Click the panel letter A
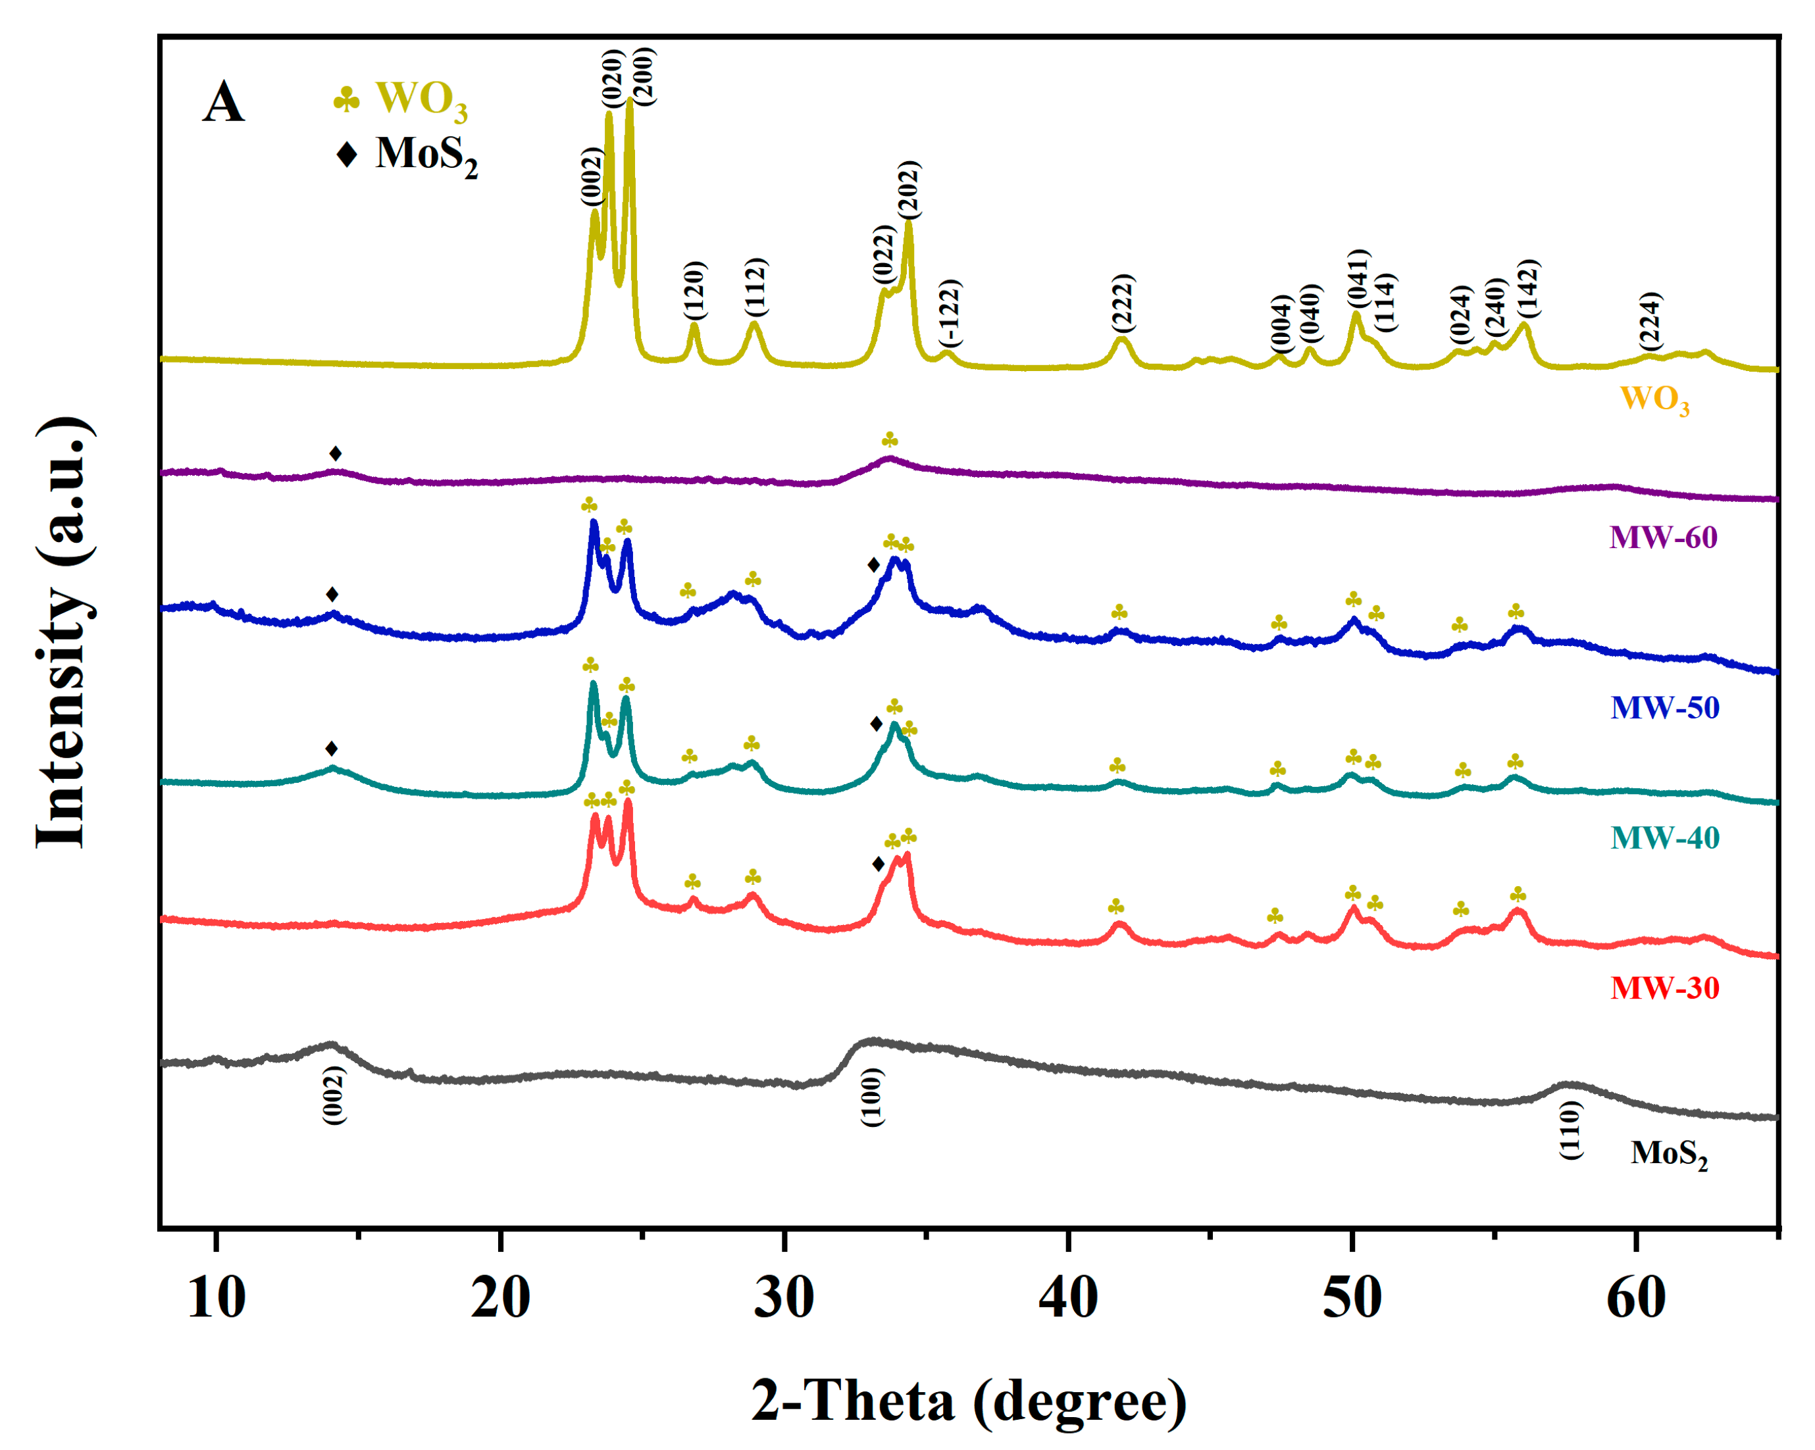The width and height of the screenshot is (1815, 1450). (x=223, y=103)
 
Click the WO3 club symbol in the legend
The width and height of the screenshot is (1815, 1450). (x=346, y=99)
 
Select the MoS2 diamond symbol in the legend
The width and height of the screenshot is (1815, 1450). (x=346, y=154)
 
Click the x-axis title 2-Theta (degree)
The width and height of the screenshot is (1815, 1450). (x=968, y=1402)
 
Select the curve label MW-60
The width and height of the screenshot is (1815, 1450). (x=1662, y=537)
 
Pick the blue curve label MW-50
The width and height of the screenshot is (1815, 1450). (x=1664, y=707)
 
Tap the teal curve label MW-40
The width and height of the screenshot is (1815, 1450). (x=1664, y=838)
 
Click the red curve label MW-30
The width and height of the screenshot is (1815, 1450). (x=1664, y=987)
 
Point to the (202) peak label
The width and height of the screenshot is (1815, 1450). (x=908, y=190)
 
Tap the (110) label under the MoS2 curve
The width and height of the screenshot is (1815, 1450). (x=1571, y=1130)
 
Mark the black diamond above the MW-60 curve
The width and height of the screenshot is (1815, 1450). (x=335, y=453)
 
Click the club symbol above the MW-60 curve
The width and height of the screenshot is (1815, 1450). (x=889, y=440)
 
